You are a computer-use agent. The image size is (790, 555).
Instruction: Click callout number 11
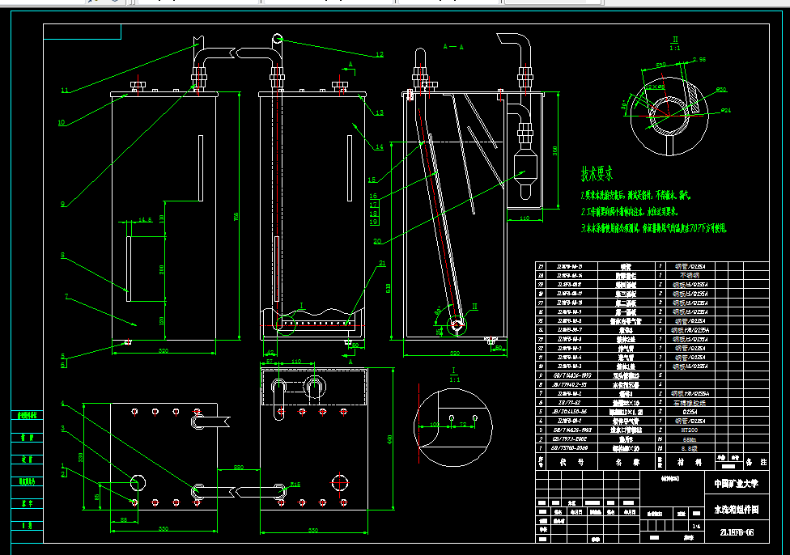click(x=65, y=89)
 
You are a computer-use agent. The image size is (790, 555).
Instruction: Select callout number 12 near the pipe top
click(x=379, y=55)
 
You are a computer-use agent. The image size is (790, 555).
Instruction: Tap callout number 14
click(x=379, y=146)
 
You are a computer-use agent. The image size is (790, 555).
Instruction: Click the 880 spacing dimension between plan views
click(x=239, y=468)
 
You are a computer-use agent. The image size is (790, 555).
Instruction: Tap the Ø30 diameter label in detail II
click(x=720, y=89)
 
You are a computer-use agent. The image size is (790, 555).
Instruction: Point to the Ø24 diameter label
click(x=725, y=109)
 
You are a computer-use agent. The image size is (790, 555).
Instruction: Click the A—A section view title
click(x=454, y=48)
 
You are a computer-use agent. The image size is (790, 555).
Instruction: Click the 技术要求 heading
click(x=597, y=173)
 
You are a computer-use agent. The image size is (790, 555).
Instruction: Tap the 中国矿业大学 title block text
click(x=735, y=483)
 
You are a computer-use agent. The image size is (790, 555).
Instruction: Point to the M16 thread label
click(x=295, y=484)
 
